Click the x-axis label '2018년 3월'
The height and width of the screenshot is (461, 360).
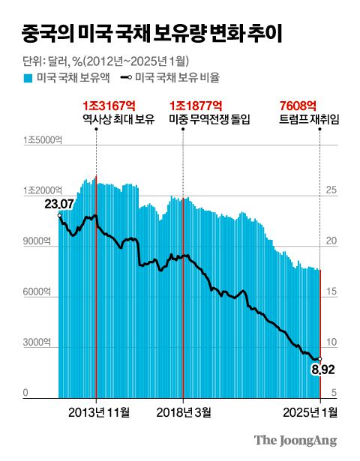pyautogui.click(x=184, y=412)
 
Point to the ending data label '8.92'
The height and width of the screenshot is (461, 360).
pyautogui.click(x=319, y=370)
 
